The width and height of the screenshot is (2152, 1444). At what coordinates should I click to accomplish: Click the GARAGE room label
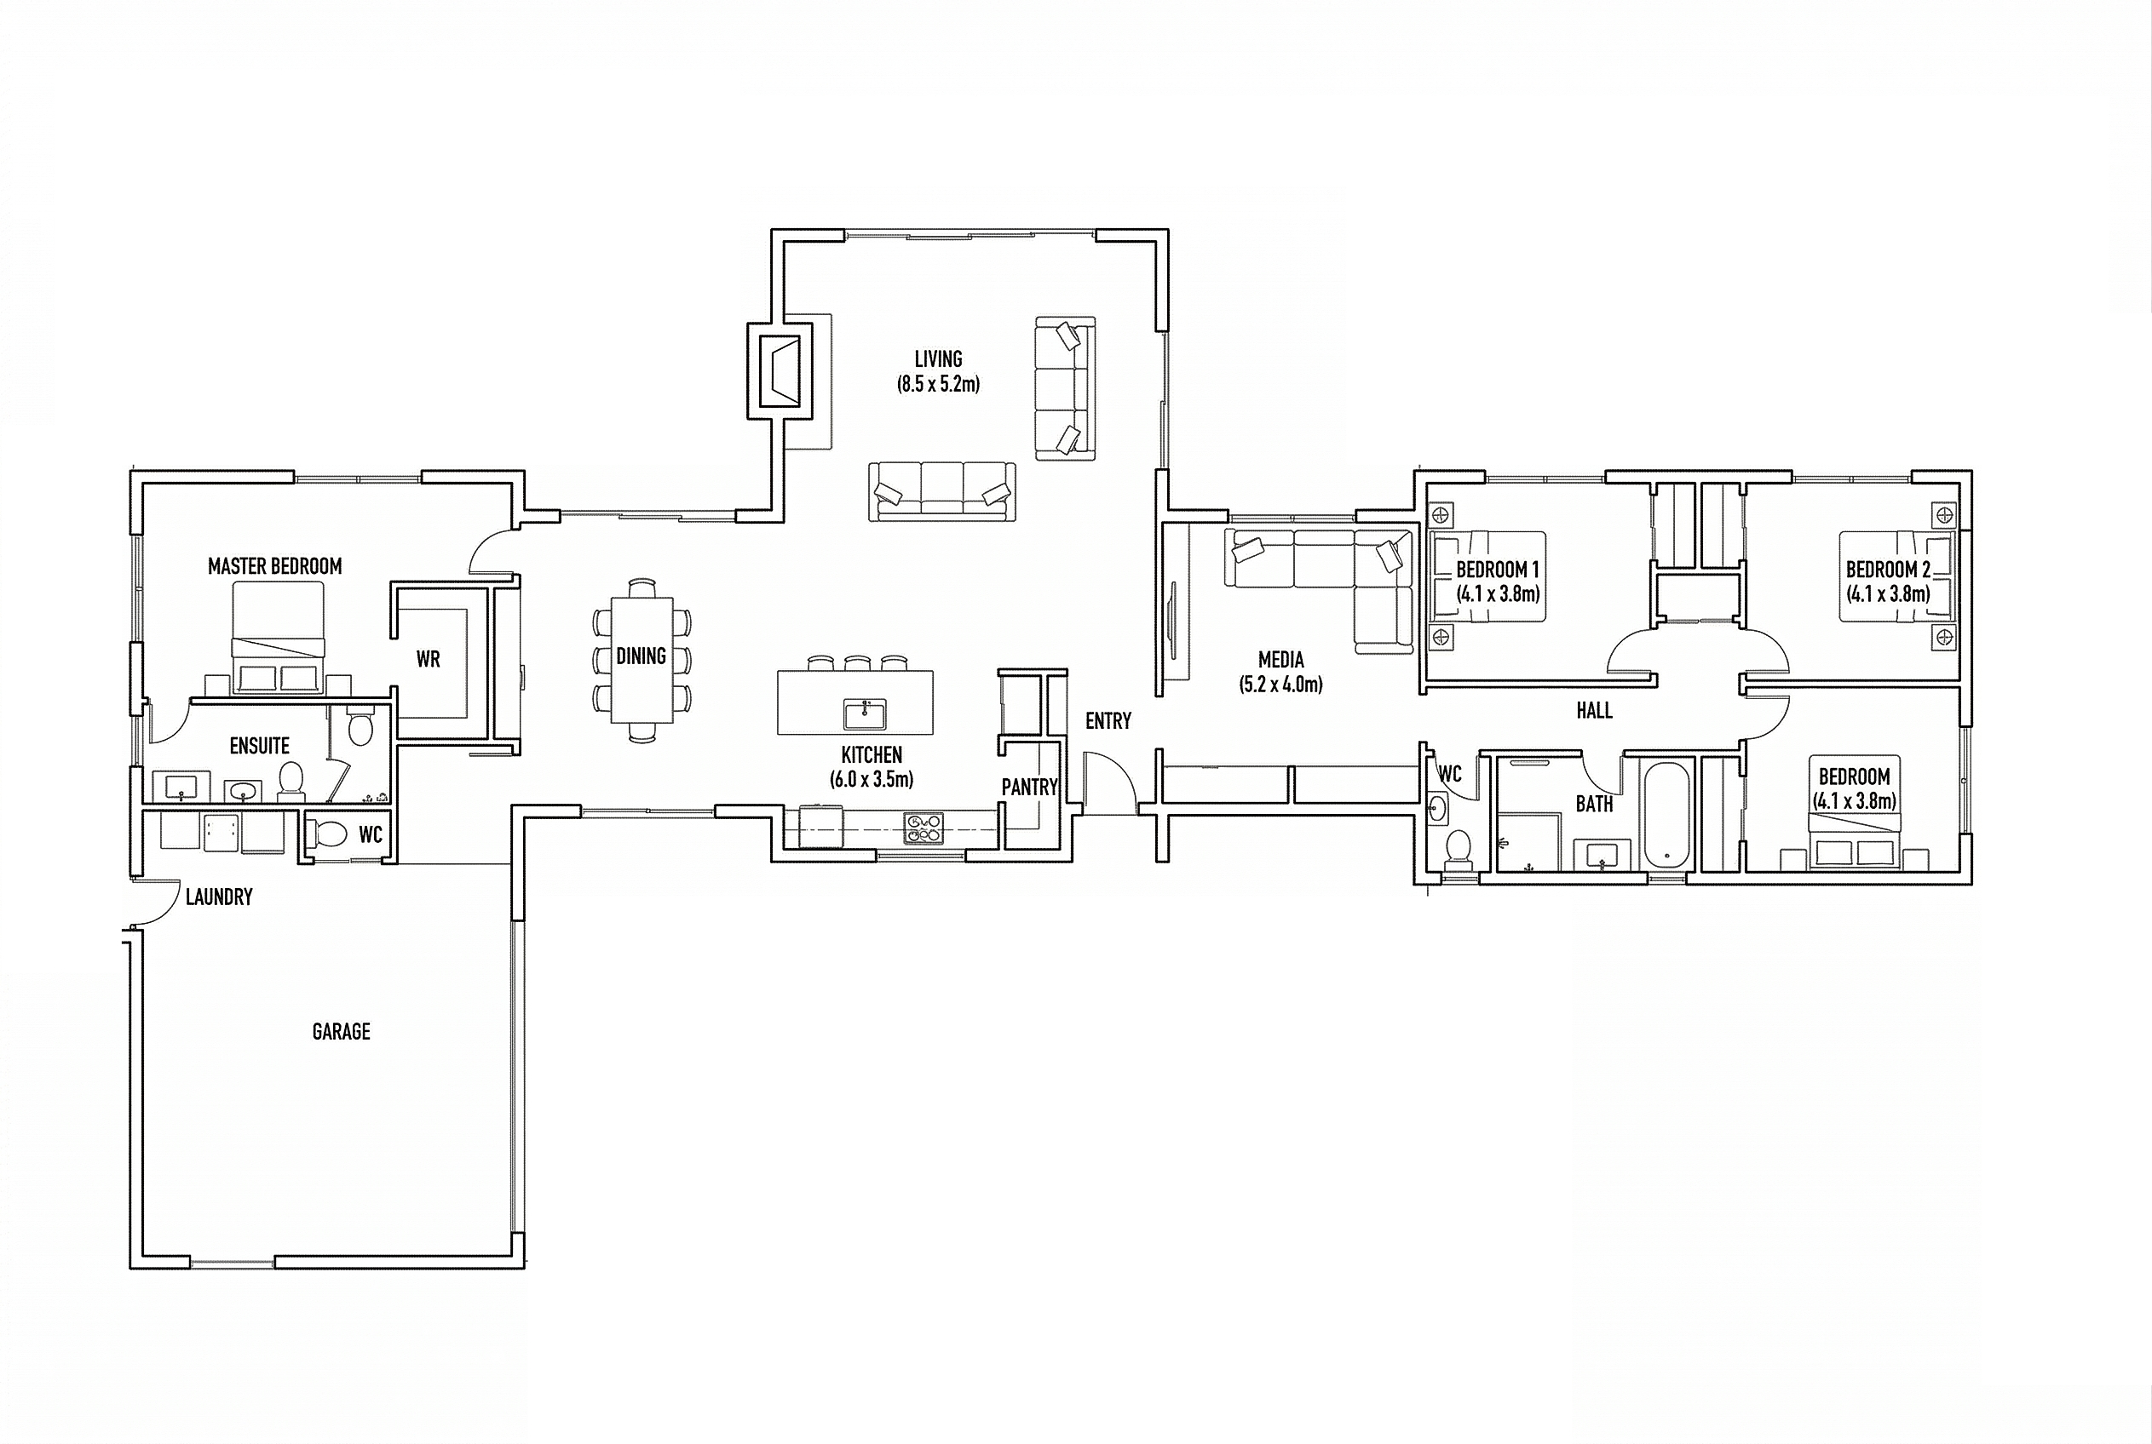point(341,1031)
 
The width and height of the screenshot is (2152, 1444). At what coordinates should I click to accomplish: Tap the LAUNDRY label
point(219,897)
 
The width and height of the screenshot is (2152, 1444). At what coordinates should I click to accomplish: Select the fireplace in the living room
point(780,370)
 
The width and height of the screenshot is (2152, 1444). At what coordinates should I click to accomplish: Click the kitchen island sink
point(865,713)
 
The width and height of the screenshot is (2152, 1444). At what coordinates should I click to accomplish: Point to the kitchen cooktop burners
point(924,827)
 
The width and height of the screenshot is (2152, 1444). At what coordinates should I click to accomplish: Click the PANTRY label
point(1029,788)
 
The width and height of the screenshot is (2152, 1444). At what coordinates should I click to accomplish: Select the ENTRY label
point(1108,721)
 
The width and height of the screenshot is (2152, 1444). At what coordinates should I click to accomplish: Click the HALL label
point(1594,710)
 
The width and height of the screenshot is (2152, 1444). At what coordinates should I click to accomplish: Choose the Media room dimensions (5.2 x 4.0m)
point(1280,685)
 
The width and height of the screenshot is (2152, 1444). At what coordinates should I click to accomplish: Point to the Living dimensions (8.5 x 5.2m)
point(939,384)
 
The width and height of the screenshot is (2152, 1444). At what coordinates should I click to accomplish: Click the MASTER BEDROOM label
point(274,566)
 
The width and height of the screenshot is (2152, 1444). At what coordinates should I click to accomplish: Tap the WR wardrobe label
point(429,659)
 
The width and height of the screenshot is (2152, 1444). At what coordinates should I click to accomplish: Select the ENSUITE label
point(260,746)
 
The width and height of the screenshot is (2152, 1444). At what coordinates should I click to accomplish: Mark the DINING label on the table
point(642,656)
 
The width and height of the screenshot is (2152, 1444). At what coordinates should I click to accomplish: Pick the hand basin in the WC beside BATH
point(1436,810)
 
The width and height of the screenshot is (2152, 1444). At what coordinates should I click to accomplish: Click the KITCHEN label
point(872,755)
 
